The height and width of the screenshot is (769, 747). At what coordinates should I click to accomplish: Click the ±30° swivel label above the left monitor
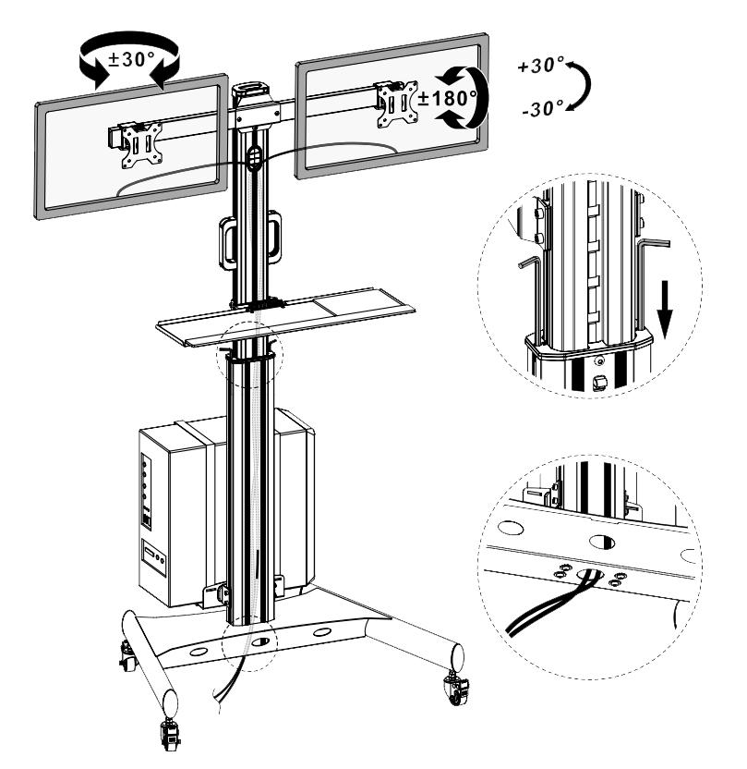131,59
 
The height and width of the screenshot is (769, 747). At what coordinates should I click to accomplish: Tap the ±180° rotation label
447,98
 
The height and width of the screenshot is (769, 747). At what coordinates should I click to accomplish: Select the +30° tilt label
541,66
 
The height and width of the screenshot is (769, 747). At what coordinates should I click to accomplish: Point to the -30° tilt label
543,108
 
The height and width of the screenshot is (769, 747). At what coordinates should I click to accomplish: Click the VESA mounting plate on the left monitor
142,145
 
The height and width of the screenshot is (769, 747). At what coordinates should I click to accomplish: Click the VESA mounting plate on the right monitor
397,104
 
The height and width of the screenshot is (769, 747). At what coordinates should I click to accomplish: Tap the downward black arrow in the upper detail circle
665,309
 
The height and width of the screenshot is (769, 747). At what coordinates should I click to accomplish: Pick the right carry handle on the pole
274,237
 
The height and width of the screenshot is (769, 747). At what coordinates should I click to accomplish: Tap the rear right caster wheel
456,690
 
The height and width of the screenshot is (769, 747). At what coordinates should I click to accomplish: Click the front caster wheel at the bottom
169,734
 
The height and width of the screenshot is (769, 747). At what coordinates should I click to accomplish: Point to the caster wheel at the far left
127,657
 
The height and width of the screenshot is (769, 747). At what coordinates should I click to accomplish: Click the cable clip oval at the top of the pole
252,157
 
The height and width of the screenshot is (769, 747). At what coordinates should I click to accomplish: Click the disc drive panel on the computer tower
154,558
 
